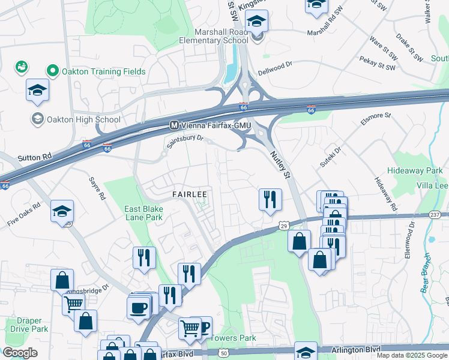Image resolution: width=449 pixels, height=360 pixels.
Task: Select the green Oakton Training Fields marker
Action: (x=52, y=71)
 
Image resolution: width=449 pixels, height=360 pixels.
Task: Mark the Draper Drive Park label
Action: (x=28, y=325)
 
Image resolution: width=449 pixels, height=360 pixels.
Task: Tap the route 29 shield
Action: (x=283, y=224)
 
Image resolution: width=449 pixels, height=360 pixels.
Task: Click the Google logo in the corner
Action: (x=20, y=353)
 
